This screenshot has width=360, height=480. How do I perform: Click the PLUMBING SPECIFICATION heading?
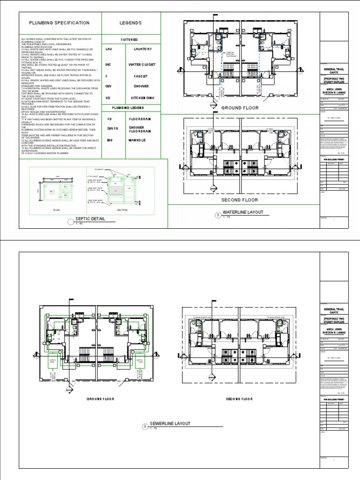tap(59, 23)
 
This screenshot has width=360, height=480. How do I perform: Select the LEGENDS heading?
tap(130, 23)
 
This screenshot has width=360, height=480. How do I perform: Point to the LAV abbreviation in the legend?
tap(109, 49)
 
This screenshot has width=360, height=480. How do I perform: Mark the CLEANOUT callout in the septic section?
tap(98, 171)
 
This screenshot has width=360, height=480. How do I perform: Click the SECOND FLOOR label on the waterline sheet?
tap(240, 200)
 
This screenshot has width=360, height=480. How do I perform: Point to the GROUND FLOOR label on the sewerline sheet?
tap(100, 399)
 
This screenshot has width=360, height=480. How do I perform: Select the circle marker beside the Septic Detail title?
tap(71, 221)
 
